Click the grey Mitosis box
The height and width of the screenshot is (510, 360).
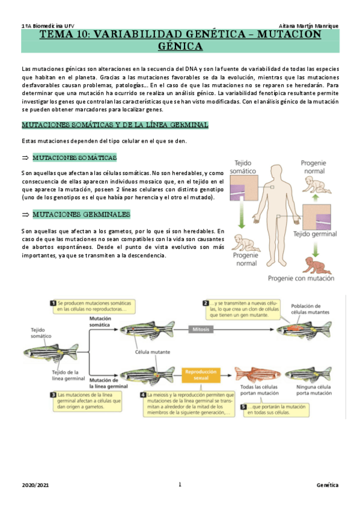click(x=201, y=329)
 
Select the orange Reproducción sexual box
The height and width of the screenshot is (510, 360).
click(x=201, y=375)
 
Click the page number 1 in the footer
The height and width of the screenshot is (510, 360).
click(x=180, y=484)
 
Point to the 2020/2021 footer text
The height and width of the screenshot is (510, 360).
click(x=35, y=485)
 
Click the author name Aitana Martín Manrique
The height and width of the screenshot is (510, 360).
click(x=308, y=26)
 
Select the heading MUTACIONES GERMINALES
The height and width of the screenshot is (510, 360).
click(x=81, y=214)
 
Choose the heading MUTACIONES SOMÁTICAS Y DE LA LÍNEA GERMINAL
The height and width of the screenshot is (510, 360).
click(x=115, y=124)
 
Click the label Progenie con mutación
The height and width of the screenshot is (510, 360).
click(x=301, y=278)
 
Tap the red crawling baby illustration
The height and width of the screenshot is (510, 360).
click(x=316, y=265)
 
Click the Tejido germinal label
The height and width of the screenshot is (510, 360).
click(x=315, y=234)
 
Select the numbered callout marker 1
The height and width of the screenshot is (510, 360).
click(x=53, y=303)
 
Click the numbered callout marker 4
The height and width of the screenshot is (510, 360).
click(x=143, y=395)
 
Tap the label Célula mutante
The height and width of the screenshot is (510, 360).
click(x=153, y=352)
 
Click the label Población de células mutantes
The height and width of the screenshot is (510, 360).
click(x=310, y=309)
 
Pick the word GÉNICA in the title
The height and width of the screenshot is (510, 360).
click(x=180, y=46)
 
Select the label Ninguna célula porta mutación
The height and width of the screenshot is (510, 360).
click(x=314, y=390)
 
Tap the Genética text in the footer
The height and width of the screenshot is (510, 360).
click(x=328, y=485)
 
